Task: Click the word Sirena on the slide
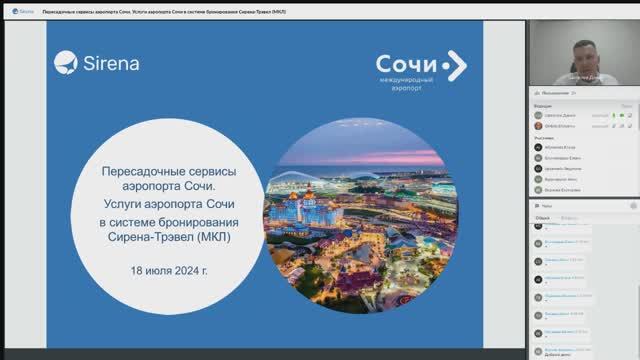tap(112, 63)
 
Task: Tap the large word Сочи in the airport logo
tap(405, 64)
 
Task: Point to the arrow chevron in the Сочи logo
tap(455, 65)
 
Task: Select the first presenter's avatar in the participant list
tap(537, 115)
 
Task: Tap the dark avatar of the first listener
tap(537, 147)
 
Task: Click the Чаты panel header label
tap(546, 205)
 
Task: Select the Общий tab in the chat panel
tap(543, 217)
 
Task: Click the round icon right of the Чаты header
tap(631, 205)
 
